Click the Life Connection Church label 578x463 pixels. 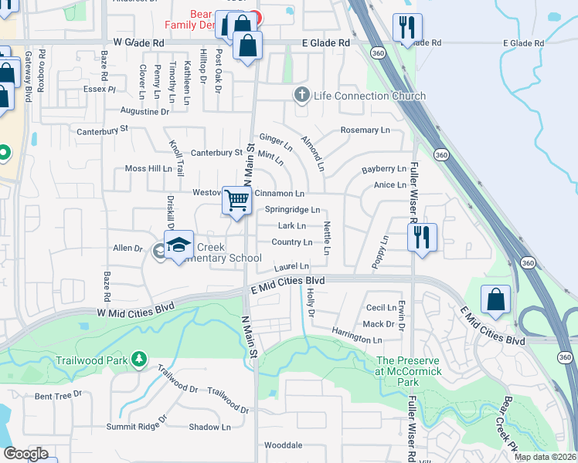click(369, 96)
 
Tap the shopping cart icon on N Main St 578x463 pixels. click(236, 201)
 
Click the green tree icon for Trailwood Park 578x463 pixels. click(138, 359)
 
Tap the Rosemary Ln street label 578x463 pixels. click(365, 130)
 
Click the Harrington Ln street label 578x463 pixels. click(357, 340)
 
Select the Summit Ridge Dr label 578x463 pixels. click(137, 422)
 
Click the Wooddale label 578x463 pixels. click(283, 445)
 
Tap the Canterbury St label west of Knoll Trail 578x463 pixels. click(102, 130)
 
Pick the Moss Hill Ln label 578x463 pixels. click(148, 168)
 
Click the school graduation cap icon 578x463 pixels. click(178, 245)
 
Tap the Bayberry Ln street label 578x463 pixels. click(383, 168)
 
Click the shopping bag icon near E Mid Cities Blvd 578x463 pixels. click(495, 299)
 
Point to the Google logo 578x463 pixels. click(25, 454)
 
